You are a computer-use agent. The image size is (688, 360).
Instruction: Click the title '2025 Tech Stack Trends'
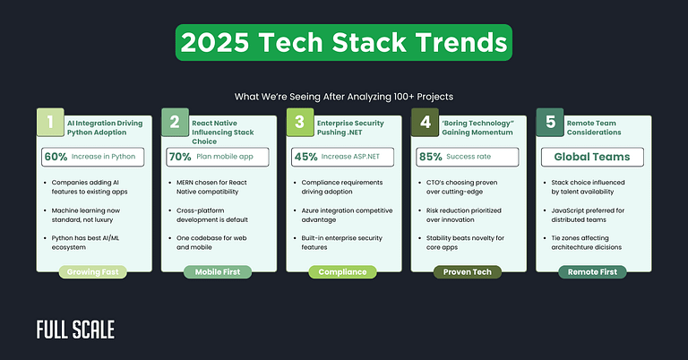point(344,43)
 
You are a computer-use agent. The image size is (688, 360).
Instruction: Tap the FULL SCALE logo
point(75,330)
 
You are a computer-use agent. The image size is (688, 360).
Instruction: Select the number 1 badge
point(49,123)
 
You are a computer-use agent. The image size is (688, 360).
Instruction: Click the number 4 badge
point(425,123)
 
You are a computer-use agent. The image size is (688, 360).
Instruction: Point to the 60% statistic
point(56,157)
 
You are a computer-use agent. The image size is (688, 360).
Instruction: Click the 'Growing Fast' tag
point(93,270)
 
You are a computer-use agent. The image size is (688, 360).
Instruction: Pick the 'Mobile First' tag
point(218,270)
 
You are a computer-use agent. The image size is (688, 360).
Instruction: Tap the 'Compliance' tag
point(343,270)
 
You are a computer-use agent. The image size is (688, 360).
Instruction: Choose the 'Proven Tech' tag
point(469,270)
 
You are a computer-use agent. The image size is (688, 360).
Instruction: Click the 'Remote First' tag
point(593,270)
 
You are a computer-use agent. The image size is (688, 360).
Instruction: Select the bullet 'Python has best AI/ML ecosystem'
point(99,244)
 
